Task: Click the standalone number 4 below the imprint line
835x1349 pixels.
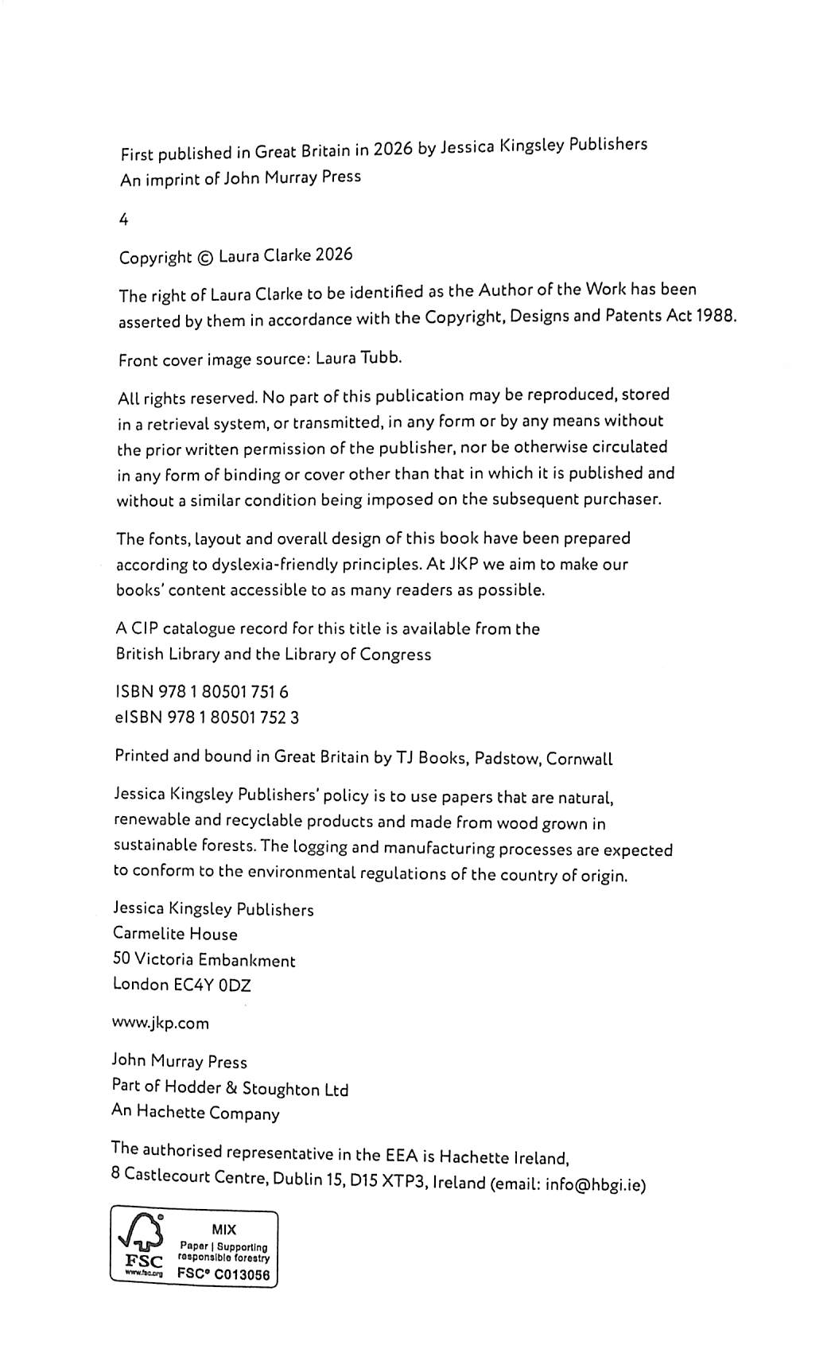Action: click(123, 220)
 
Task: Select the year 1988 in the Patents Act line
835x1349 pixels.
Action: click(716, 315)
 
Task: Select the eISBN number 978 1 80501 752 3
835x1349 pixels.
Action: click(231, 717)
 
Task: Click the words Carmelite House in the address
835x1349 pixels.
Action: click(175, 934)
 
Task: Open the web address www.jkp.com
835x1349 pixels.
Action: click(161, 1024)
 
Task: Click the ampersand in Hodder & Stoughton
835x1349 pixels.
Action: click(231, 1088)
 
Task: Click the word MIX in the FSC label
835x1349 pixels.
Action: click(223, 1229)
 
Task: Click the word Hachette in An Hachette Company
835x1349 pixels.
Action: click(171, 1112)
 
